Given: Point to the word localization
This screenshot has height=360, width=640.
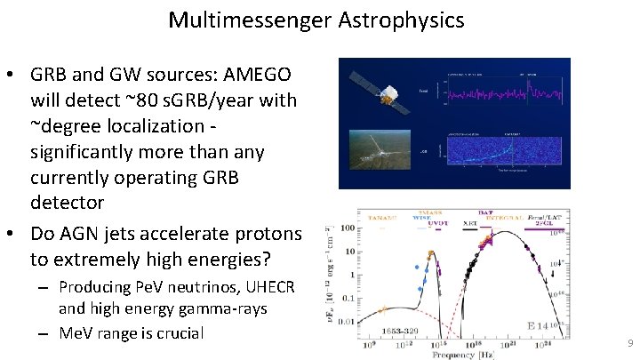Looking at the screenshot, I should tap(167, 126).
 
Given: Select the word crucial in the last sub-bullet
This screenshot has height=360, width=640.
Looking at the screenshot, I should tap(173, 333).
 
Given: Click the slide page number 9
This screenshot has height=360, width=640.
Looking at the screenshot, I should tap(630, 342).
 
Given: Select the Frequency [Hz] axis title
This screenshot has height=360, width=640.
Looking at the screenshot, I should tap(465, 354).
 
